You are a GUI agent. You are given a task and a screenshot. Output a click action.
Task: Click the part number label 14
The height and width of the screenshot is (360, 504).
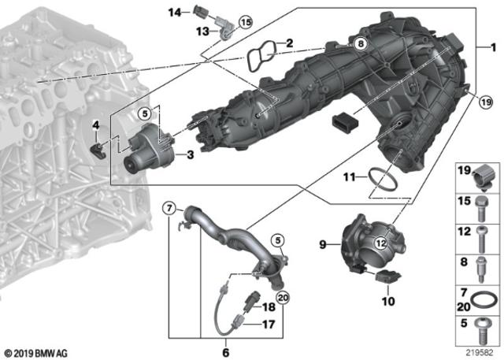coord(175,13)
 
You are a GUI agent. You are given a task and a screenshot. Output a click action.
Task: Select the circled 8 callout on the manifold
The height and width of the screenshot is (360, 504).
coord(361,43)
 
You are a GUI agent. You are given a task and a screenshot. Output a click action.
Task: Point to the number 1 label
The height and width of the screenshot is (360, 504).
coord(493,48)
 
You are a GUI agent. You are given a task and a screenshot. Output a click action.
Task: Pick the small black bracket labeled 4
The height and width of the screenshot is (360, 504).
coord(98,151)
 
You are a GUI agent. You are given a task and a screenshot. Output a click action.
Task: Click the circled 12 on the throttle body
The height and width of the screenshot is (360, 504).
coord(381,243)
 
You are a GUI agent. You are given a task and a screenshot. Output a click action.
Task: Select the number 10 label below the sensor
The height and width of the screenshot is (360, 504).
coord(388,301)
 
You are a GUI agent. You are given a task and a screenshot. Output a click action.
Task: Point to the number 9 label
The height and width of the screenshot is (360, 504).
coord(323,245)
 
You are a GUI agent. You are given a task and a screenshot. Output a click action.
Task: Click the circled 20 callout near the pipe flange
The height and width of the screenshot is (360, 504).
coord(283,298)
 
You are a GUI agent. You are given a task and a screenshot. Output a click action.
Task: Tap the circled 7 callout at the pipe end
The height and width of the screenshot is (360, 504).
coord(169,209)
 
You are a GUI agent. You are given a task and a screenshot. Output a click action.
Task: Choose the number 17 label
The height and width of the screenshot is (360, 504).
coord(269,325)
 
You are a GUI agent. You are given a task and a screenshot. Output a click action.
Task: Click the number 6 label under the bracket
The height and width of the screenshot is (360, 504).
coord(226,352)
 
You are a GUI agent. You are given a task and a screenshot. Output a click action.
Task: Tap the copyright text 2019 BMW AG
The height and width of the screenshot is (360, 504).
coord(36,354)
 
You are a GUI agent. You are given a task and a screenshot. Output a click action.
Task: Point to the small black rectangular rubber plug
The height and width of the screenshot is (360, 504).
coord(345,122)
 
